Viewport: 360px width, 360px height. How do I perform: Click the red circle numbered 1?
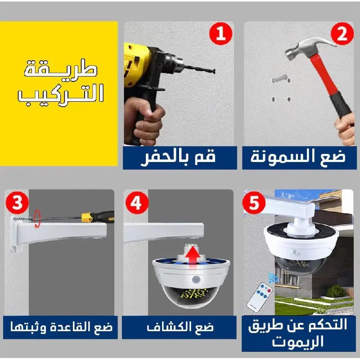pyautogui.click(x=221, y=35)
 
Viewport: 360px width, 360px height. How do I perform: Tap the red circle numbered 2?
pyautogui.click(x=342, y=35)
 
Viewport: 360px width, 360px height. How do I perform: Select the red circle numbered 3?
pyautogui.click(x=17, y=203)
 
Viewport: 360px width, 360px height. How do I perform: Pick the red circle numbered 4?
pyautogui.click(x=136, y=203)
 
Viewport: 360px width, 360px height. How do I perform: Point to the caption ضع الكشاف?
pyautogui.click(x=179, y=327)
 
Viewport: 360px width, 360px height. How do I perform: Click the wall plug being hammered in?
pyautogui.click(x=279, y=80)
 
